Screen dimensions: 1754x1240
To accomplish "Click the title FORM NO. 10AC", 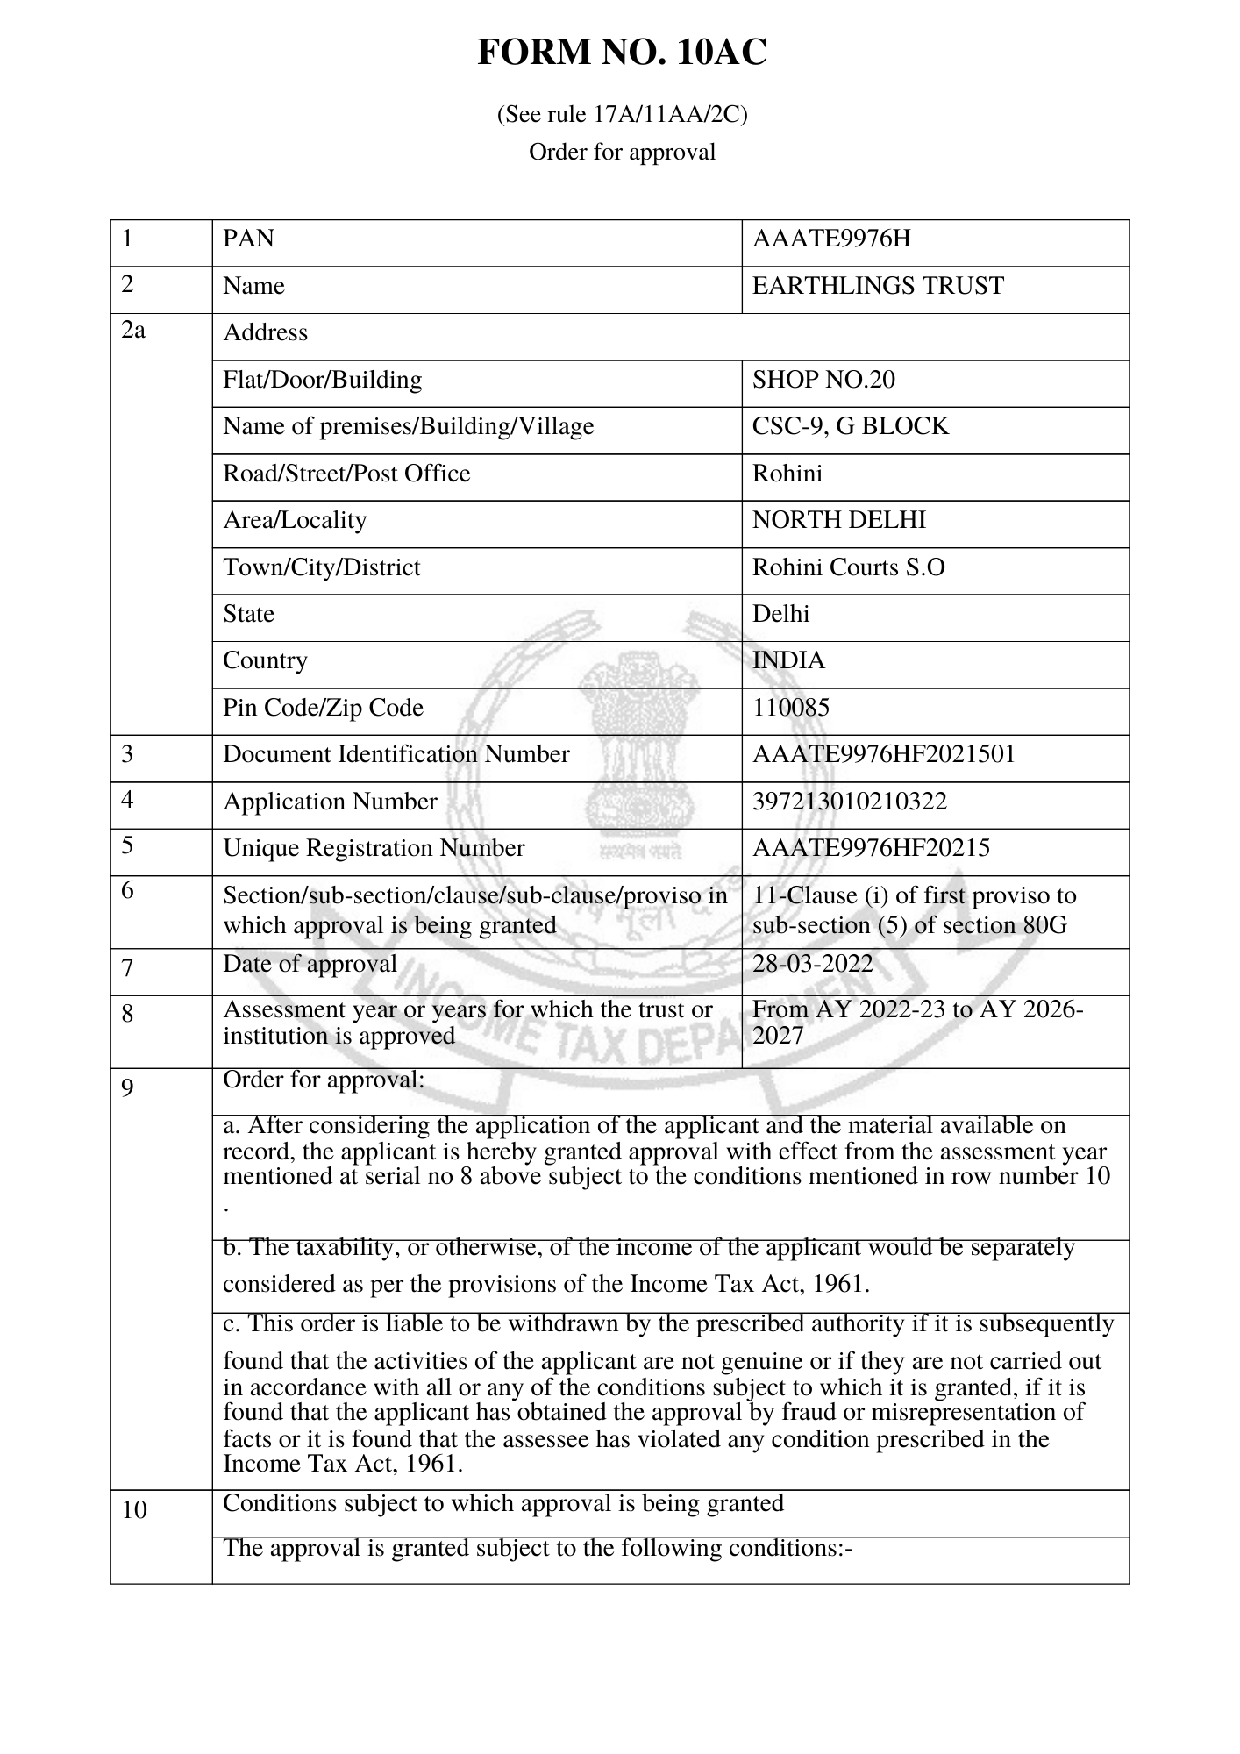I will [622, 53].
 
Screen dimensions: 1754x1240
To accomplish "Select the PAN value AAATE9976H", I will [831, 239].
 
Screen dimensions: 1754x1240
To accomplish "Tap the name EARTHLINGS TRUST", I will [878, 286].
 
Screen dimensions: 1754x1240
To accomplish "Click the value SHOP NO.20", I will [823, 380].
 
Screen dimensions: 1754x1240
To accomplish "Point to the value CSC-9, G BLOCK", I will [851, 426].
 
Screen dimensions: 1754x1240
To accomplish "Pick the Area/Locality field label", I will [295, 520].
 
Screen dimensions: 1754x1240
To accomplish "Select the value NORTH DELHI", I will [839, 520].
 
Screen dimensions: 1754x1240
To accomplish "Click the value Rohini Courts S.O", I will [849, 567].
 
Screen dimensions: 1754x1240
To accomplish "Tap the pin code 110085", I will [790, 708].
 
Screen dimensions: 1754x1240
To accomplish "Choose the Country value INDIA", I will [788, 660].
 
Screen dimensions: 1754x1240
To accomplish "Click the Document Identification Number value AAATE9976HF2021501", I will [883, 754].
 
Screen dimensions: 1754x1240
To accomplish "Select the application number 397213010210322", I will [850, 802].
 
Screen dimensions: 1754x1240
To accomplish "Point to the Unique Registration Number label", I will [374, 848].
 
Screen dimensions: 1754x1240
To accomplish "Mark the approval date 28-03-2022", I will [813, 965].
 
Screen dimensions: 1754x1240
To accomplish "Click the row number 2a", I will [132, 331].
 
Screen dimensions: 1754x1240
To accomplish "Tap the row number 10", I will [134, 1510].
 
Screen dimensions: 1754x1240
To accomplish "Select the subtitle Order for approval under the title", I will [622, 153].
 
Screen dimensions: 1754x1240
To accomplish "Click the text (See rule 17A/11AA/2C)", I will [622, 115].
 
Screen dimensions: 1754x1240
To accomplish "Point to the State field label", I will [248, 614].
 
